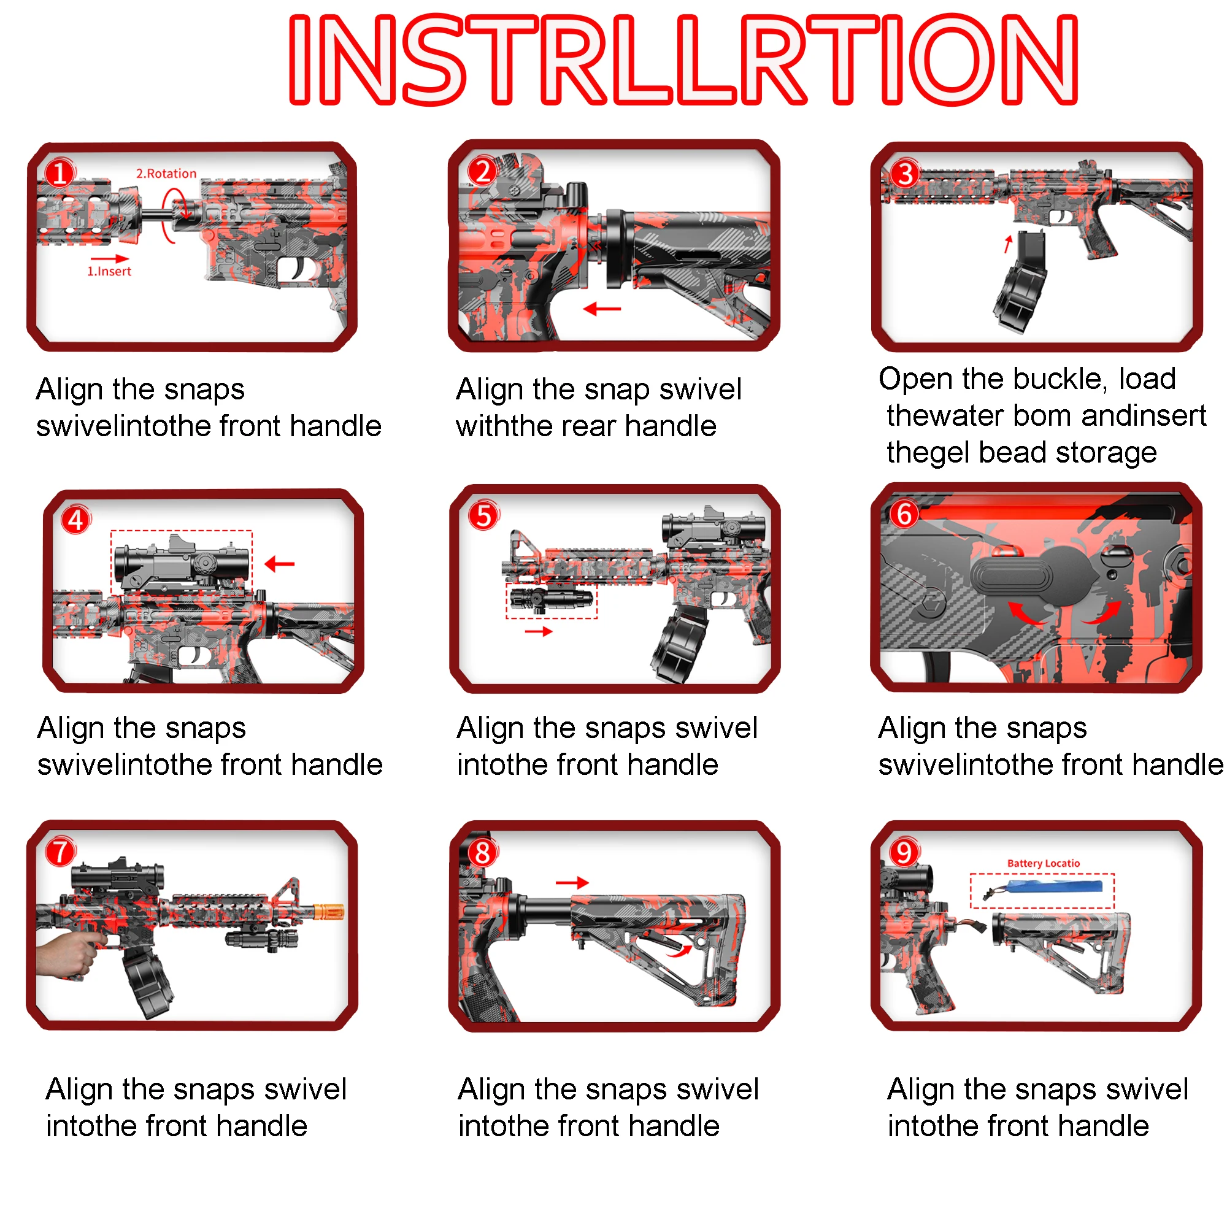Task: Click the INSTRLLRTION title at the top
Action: [x=683, y=60]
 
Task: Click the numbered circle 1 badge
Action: [x=60, y=173]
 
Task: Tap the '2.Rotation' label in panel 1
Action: [x=166, y=174]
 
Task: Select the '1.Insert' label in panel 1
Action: [x=109, y=271]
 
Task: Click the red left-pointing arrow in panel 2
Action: [x=601, y=309]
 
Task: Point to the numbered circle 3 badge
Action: [x=905, y=174]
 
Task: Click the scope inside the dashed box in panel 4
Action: [x=181, y=562]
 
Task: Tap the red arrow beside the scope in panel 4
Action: [x=279, y=563]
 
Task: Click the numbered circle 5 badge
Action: [x=483, y=516]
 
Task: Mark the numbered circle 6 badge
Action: [x=904, y=513]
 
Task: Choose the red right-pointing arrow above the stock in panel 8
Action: [x=572, y=883]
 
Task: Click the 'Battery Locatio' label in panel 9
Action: [x=1043, y=863]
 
